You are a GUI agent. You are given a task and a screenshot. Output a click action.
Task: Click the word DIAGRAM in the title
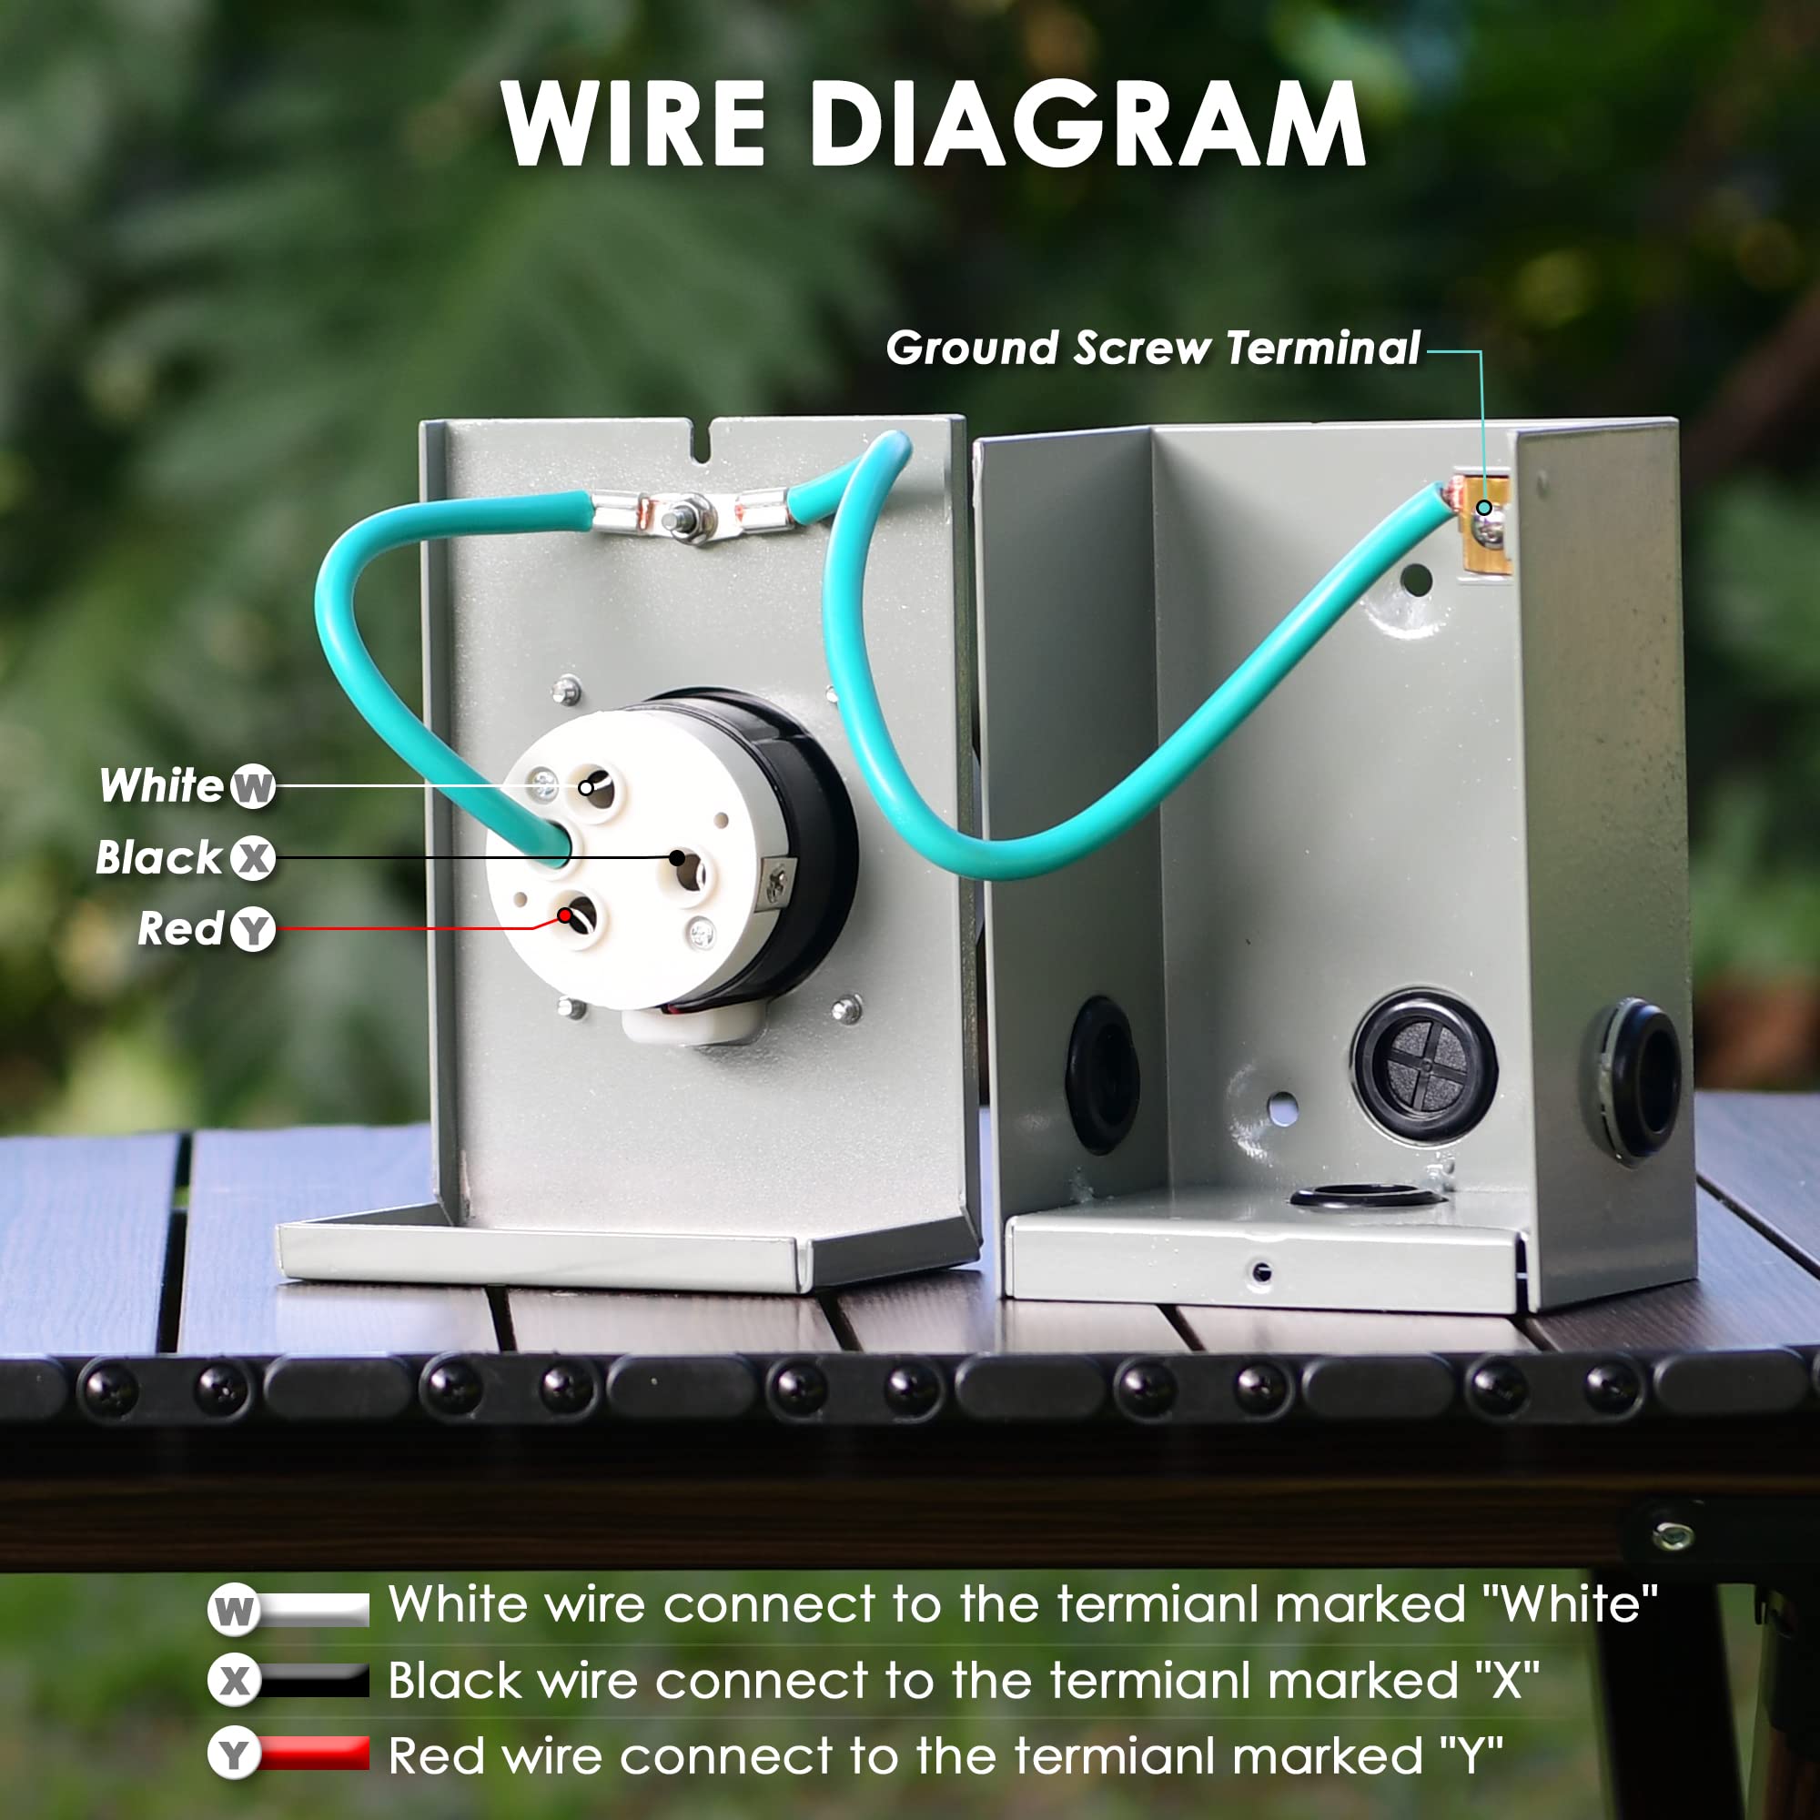tap(1088, 124)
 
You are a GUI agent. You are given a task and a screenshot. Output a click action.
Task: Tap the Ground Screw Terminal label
tap(1153, 348)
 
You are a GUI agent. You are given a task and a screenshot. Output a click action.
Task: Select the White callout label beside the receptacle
tap(161, 785)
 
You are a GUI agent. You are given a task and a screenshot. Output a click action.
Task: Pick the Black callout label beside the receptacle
tap(158, 858)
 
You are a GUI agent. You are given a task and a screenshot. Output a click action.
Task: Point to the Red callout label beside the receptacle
tap(180, 929)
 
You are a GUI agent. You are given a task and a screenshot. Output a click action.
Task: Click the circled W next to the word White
tap(252, 786)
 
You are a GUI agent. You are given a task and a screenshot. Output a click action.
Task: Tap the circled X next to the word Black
tap(252, 859)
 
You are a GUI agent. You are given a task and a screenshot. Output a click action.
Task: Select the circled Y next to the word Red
tap(252, 931)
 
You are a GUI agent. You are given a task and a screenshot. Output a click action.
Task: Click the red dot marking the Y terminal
tap(565, 915)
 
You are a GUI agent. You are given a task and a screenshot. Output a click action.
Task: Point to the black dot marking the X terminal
tap(677, 857)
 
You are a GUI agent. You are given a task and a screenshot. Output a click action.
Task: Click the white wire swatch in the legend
tap(314, 1610)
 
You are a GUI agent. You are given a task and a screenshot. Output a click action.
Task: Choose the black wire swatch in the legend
tap(314, 1683)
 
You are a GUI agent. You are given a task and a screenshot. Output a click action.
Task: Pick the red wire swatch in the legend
tap(314, 1754)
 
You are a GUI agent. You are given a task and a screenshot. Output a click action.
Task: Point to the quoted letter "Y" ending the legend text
tap(1471, 1754)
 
